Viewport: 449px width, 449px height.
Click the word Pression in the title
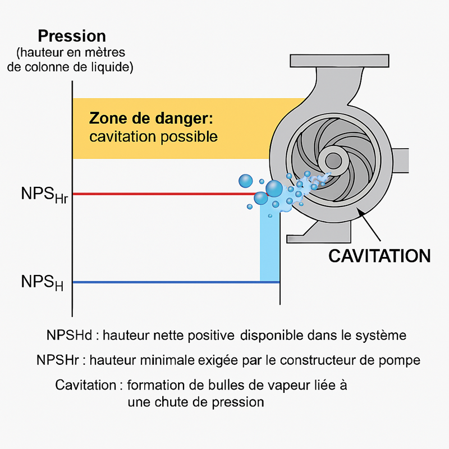(x=71, y=36)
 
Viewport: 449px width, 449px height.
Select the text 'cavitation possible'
(x=153, y=136)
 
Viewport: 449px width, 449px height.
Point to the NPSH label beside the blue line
(x=42, y=282)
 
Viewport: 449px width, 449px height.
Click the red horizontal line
(x=163, y=194)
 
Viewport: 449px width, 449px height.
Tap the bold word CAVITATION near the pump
(x=379, y=256)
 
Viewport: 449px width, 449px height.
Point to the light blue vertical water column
(x=270, y=247)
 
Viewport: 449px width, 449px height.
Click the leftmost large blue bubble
(x=246, y=181)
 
